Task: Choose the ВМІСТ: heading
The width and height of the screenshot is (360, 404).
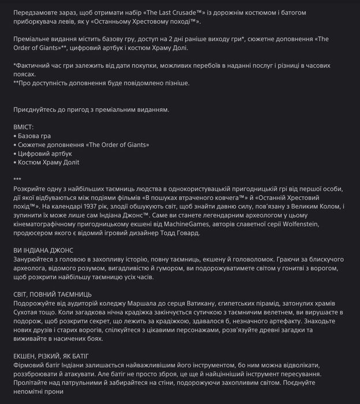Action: coord(24,126)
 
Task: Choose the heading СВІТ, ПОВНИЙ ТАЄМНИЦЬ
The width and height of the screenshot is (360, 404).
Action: coord(53,294)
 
